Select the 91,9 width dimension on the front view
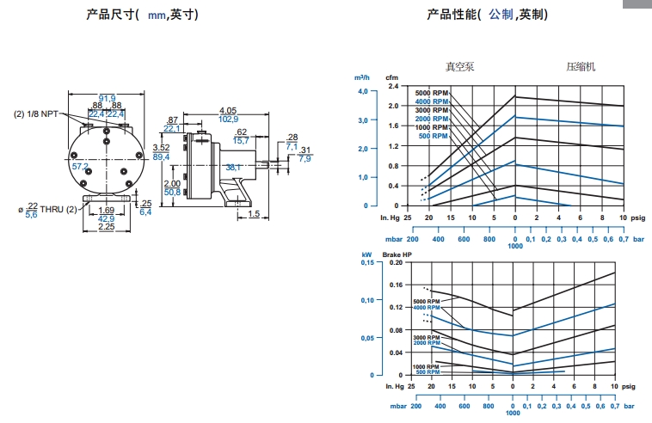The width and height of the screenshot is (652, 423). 107,97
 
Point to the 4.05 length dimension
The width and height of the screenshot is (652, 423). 228,110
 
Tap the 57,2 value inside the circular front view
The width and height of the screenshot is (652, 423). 80,166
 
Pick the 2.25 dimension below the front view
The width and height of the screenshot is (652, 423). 107,227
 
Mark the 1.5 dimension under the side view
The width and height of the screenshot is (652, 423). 254,214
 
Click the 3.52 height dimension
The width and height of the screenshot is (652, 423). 161,147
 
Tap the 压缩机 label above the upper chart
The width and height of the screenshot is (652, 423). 581,66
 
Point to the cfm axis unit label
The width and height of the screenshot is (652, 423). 391,77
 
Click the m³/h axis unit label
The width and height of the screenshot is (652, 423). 362,77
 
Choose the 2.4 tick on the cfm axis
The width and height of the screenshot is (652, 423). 394,87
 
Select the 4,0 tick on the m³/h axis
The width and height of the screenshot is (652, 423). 362,90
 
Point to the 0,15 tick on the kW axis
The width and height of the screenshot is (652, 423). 367,262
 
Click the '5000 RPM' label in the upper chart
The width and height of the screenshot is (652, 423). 432,93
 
